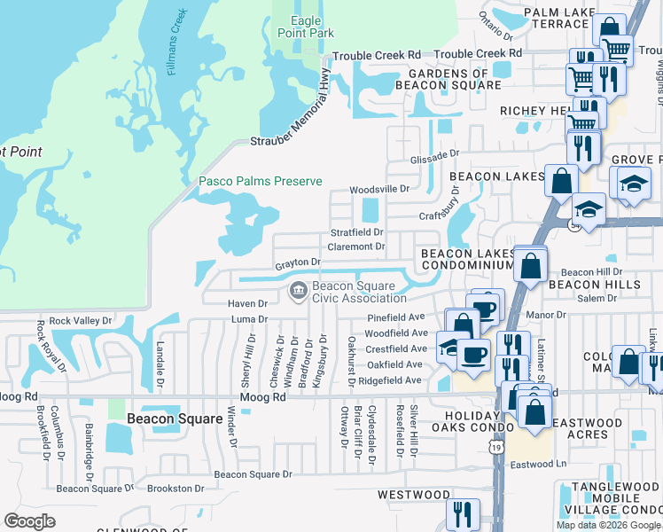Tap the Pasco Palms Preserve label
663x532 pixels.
click(x=260, y=181)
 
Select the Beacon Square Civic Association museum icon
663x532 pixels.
click(x=297, y=290)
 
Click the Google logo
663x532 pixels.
click(x=30, y=521)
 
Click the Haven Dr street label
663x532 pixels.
click(x=247, y=303)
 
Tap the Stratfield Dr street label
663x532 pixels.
click(x=356, y=232)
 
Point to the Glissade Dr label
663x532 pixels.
click(x=434, y=153)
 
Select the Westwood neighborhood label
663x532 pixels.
click(x=414, y=494)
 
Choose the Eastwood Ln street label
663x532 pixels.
click(x=538, y=464)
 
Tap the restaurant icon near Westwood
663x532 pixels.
click(x=463, y=514)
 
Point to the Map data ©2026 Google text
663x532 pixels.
click(x=608, y=525)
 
